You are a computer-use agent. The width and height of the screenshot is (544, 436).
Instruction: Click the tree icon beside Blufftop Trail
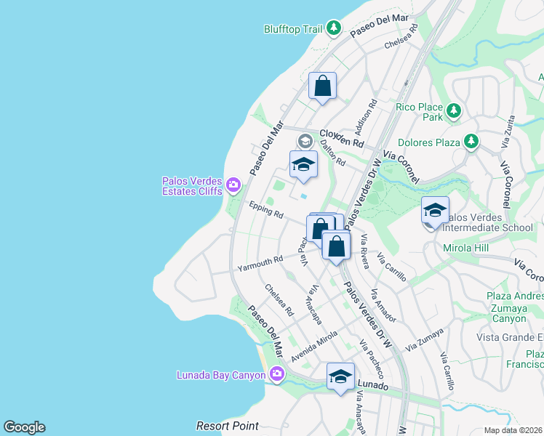(334, 28)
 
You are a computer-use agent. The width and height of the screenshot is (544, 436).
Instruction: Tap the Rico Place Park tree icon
(454, 111)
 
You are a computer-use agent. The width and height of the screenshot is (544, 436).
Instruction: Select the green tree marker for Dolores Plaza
(471, 140)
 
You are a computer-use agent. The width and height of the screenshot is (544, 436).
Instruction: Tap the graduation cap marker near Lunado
(340, 376)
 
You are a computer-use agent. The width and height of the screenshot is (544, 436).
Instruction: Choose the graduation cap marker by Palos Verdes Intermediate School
(435, 210)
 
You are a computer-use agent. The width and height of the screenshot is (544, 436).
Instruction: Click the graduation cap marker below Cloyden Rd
(303, 164)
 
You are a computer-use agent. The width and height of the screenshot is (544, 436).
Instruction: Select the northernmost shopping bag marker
(322, 86)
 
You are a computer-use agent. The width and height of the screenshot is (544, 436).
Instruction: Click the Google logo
(24, 427)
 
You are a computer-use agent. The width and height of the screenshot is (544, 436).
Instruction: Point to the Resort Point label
(228, 425)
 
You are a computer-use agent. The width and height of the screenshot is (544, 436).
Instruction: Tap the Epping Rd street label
(265, 210)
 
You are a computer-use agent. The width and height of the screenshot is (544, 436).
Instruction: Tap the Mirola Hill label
(466, 249)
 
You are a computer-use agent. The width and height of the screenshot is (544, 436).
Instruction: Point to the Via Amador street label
(383, 306)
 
